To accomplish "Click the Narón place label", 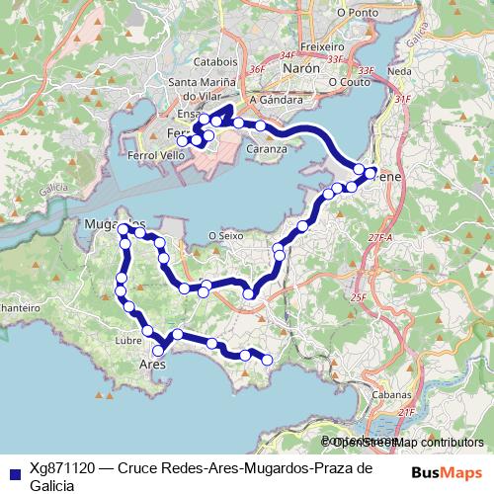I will click(x=308, y=71).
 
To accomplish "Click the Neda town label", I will click(x=400, y=72).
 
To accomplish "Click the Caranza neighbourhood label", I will click(x=267, y=149).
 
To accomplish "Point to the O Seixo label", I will click(x=225, y=235).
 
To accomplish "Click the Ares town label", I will click(x=150, y=364).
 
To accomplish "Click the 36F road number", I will click(x=258, y=69).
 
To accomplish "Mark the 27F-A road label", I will click(x=379, y=238).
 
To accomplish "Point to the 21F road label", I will click(x=406, y=411).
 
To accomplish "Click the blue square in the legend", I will click(x=14, y=471).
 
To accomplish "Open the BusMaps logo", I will click(x=444, y=472).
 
